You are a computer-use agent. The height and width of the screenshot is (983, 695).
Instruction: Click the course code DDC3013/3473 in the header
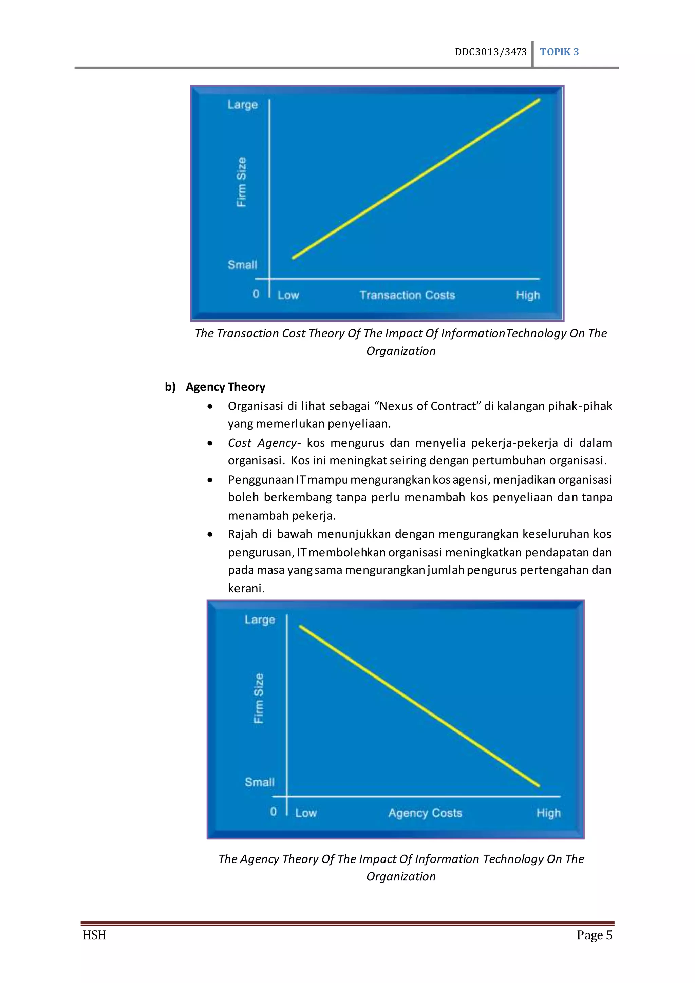point(490,52)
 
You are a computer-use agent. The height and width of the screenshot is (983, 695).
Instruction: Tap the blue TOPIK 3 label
point(559,52)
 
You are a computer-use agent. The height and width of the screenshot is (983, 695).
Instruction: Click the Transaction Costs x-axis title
point(407,295)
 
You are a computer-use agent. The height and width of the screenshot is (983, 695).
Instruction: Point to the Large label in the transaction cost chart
point(242,105)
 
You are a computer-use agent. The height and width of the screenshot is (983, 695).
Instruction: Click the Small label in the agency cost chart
point(259,782)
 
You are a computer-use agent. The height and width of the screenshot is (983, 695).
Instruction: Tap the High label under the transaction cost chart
point(528,295)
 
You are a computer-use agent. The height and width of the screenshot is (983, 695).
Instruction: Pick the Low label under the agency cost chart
point(305,813)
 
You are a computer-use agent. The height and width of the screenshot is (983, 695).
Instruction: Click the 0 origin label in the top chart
point(256,294)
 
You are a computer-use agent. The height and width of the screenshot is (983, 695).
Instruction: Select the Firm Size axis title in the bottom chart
point(259,698)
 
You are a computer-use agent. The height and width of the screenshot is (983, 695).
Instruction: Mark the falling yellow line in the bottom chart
point(419,706)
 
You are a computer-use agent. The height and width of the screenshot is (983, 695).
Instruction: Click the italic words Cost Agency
point(262,443)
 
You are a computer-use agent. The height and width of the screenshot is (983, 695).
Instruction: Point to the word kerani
point(246,588)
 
